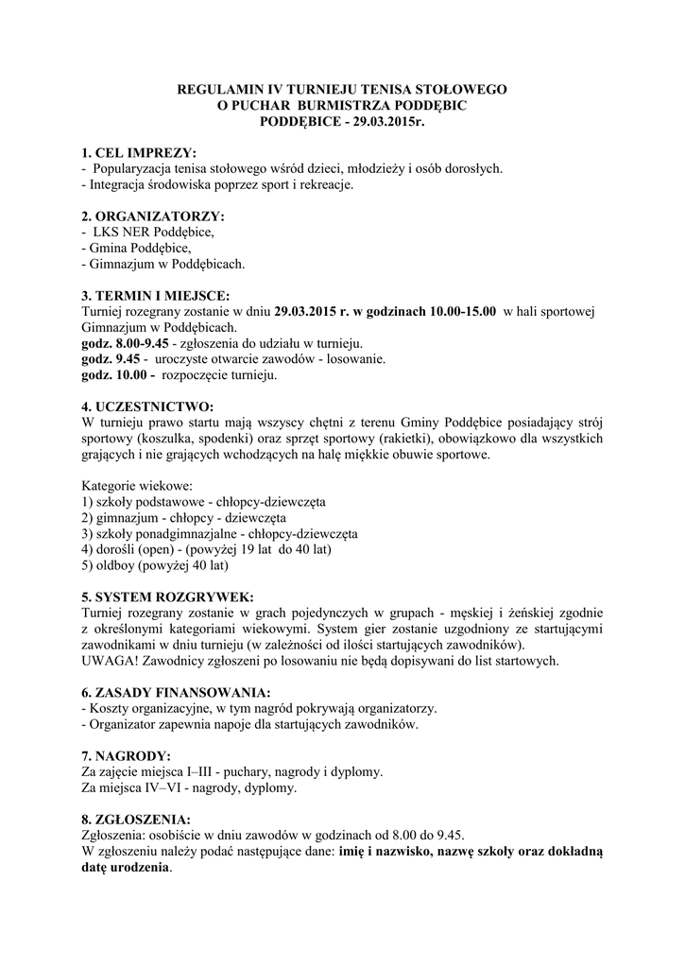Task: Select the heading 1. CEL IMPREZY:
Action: [140, 152]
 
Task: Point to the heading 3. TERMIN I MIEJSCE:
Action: [156, 295]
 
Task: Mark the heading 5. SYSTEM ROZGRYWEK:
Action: [167, 597]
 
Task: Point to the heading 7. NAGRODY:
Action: [127, 756]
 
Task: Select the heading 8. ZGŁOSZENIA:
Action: [137, 820]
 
